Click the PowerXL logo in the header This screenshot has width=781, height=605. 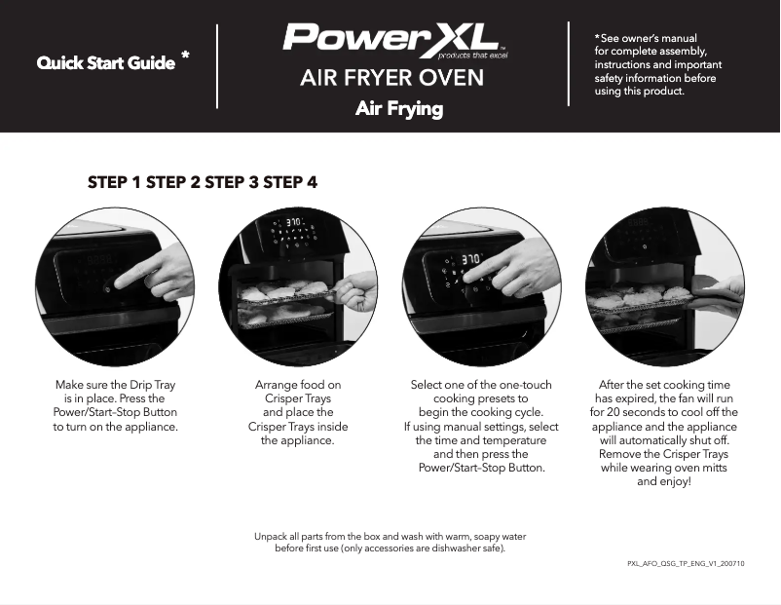pyautogui.click(x=391, y=40)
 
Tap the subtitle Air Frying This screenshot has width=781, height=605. pyautogui.click(x=398, y=108)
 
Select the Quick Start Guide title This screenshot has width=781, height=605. pyautogui.click(x=106, y=64)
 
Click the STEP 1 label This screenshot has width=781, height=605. pyautogui.click(x=114, y=182)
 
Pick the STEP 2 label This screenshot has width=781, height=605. pyautogui.click(x=172, y=182)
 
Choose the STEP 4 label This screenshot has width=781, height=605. pyautogui.click(x=289, y=182)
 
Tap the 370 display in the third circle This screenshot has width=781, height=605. pyautogui.click(x=471, y=260)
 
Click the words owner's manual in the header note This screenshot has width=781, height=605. pyautogui.click(x=662, y=38)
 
